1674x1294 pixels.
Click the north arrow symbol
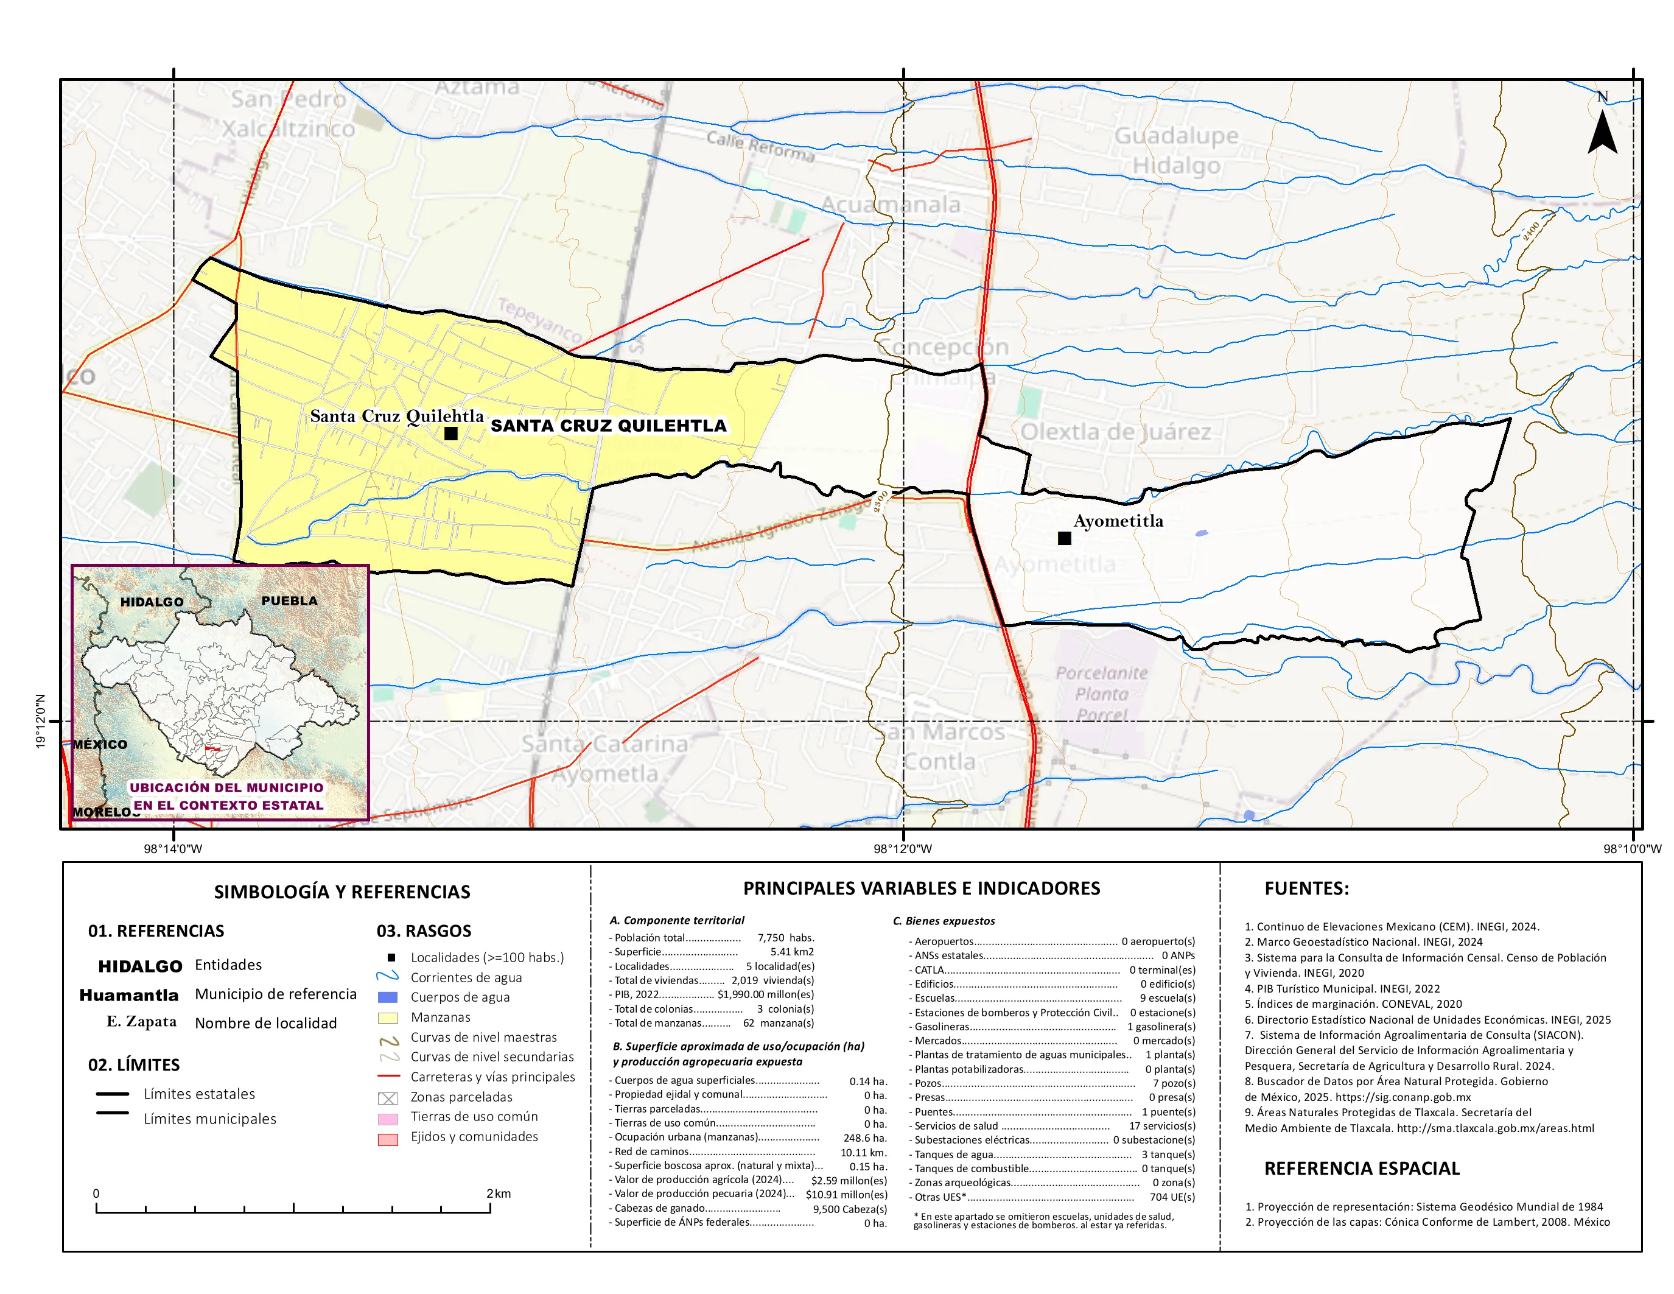click(x=1602, y=132)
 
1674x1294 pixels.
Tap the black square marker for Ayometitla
click(x=1064, y=538)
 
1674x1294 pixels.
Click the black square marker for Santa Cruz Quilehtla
click(x=450, y=433)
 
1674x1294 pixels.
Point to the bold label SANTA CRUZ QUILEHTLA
click(x=608, y=426)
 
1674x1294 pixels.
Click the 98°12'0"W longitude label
click(x=903, y=849)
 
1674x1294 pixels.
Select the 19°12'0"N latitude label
click(x=41, y=720)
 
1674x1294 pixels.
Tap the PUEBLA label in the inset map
click(x=289, y=600)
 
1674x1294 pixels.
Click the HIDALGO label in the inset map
click(x=152, y=602)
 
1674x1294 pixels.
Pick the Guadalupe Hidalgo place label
click(x=1176, y=150)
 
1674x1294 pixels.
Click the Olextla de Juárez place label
click(x=1115, y=432)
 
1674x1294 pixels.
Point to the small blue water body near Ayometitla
click(x=1201, y=533)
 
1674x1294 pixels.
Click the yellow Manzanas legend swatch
click(x=388, y=1018)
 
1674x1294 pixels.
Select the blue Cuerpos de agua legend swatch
click(x=388, y=997)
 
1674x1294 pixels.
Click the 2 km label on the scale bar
click(x=498, y=1193)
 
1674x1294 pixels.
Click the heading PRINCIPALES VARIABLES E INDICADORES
click(x=922, y=888)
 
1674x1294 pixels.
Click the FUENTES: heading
click(x=1306, y=888)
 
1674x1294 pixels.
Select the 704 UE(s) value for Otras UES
click(x=1172, y=1197)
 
